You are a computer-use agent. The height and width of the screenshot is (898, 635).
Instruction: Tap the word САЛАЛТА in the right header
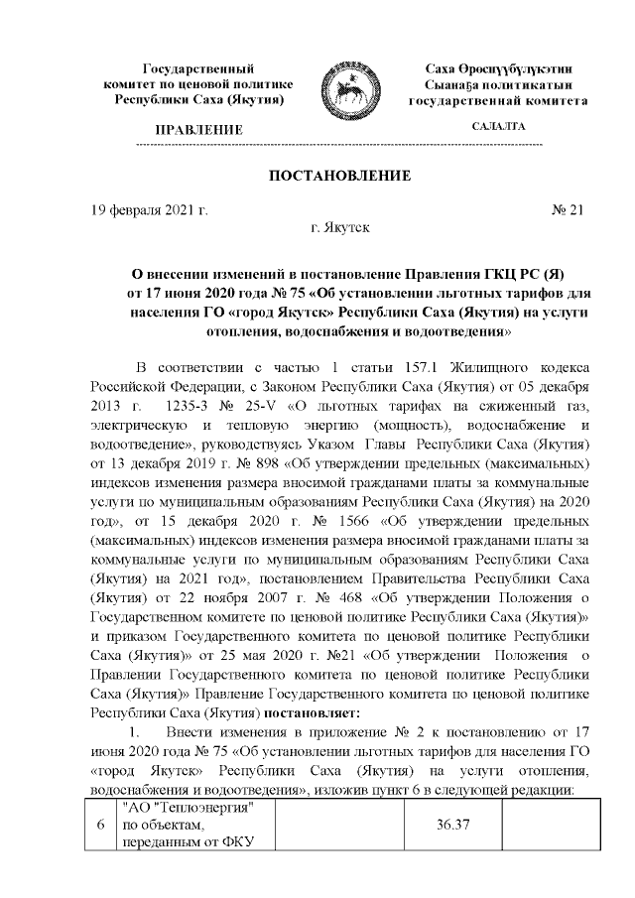499,127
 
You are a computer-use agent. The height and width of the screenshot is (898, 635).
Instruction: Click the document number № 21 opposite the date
570,210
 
